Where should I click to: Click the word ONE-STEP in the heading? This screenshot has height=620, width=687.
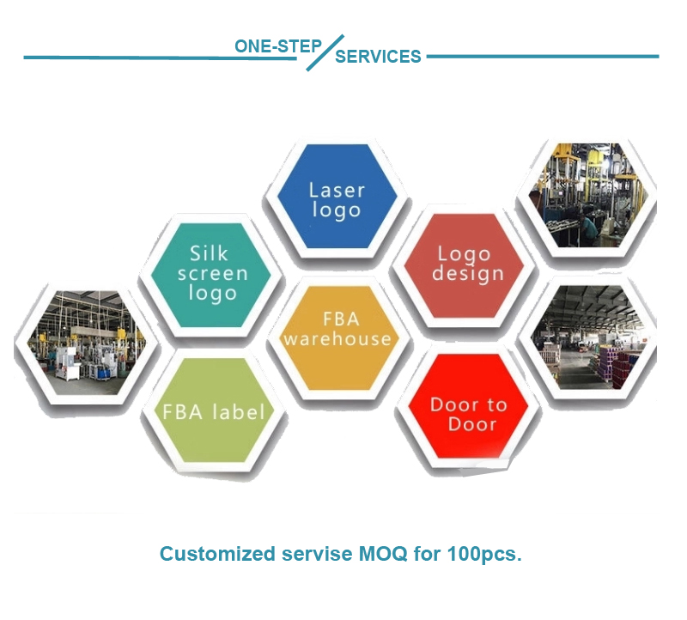278,46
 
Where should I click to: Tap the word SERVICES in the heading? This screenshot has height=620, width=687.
378,57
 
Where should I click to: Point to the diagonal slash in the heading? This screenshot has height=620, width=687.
325,52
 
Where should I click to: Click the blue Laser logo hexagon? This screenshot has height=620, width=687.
337,196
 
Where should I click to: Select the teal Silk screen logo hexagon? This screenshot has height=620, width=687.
211,275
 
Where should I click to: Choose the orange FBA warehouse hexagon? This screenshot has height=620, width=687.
339,337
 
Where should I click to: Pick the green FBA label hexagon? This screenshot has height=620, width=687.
215,410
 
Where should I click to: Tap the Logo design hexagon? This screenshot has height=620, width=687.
465,265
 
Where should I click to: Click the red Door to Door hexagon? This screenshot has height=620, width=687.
469,406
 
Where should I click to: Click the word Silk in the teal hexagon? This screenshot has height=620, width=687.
209,253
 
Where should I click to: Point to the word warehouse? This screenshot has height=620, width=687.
337,338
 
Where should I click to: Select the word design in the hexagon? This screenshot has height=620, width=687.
468,274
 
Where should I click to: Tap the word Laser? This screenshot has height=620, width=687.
337,190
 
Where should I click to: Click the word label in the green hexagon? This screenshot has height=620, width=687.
239,412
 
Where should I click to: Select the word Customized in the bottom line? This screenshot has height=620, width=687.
217,554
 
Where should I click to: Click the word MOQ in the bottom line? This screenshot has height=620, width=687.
383,554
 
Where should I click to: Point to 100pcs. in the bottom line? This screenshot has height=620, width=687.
484,554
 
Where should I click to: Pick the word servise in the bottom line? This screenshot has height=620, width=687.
317,554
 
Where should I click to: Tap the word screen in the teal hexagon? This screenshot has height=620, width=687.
212,274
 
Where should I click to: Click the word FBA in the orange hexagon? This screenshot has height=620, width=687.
341,319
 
